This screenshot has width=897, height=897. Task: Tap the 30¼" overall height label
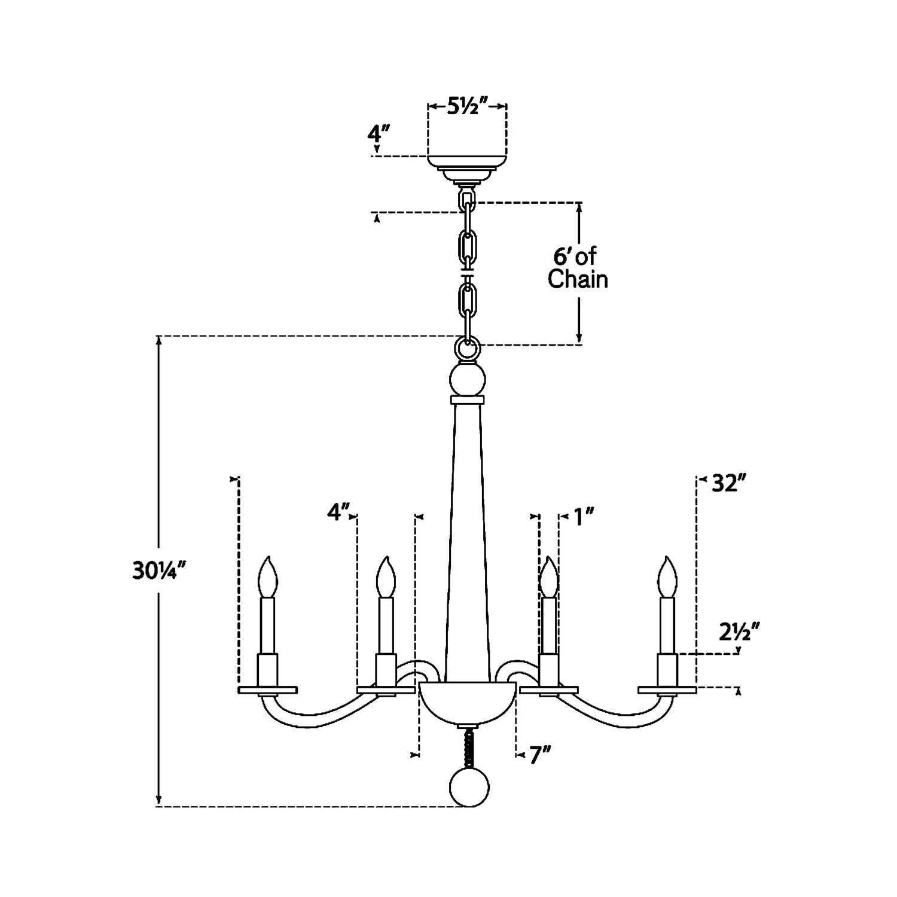tap(155, 572)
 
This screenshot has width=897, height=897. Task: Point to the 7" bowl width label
tap(539, 755)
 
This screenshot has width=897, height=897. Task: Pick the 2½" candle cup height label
tap(739, 633)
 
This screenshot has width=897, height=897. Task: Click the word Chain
tap(578, 279)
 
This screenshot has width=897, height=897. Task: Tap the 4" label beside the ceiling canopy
tap(379, 132)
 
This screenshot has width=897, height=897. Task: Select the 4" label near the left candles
tap(339, 511)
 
